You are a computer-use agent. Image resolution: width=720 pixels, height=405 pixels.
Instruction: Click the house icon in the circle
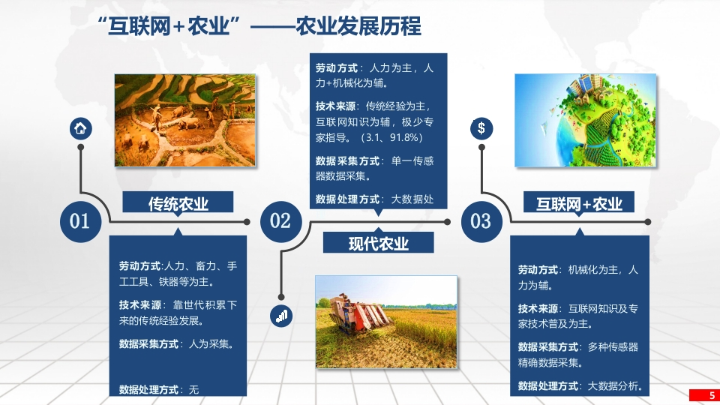(81, 128)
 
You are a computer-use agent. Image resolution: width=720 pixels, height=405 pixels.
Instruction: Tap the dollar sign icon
(481, 128)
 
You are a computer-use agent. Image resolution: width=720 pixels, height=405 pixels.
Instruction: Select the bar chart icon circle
(281, 316)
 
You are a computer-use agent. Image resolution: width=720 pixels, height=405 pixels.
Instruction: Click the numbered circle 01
(80, 221)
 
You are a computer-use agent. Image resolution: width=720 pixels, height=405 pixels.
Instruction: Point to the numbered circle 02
(281, 221)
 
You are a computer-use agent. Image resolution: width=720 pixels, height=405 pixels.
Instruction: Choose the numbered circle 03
(481, 221)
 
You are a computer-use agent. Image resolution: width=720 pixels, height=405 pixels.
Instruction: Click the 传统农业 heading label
(178, 203)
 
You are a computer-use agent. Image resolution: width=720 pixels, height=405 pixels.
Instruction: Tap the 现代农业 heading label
(378, 243)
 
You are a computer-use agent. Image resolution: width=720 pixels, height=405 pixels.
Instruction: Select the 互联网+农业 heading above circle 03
(579, 203)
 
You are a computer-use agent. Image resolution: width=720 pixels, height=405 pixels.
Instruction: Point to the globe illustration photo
(586, 120)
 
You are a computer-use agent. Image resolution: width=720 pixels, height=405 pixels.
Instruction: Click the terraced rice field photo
(185, 120)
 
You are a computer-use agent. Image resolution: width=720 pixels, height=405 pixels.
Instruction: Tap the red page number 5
(712, 395)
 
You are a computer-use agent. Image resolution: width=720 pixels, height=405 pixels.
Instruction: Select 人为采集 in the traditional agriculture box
(209, 344)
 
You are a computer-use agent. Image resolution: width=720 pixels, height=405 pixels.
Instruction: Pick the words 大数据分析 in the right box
(613, 386)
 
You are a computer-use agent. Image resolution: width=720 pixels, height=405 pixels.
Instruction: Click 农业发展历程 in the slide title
(358, 25)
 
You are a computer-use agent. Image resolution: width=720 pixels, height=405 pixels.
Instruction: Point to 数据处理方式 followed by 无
(159, 390)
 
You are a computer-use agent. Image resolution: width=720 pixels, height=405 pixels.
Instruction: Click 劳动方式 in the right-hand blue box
(538, 270)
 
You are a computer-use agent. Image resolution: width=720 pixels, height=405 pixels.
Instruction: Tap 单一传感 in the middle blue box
(412, 161)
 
